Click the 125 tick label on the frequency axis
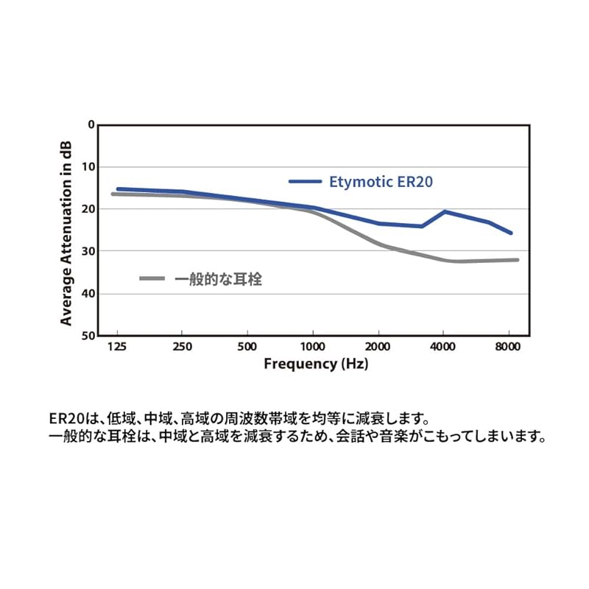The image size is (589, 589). coord(117,345)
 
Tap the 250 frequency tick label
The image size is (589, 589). coord(182,345)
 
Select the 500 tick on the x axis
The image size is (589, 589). coord(247,345)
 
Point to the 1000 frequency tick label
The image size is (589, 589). coord(312,345)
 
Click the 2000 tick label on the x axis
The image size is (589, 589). coord(378,345)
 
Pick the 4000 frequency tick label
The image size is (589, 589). coord(443,345)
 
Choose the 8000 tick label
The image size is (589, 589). coord(508,345)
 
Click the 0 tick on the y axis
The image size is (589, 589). coord(91,124)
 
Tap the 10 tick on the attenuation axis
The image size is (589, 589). coord(89,166)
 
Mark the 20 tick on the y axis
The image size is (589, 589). coord(89,209)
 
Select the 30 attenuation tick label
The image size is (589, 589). coord(89,251)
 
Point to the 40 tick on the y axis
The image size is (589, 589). coord(89,294)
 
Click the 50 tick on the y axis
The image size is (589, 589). coord(89,336)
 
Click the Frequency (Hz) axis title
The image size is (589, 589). coord(316,364)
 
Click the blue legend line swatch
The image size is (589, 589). coord(305,181)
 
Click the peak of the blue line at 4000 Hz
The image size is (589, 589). coord(444,211)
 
